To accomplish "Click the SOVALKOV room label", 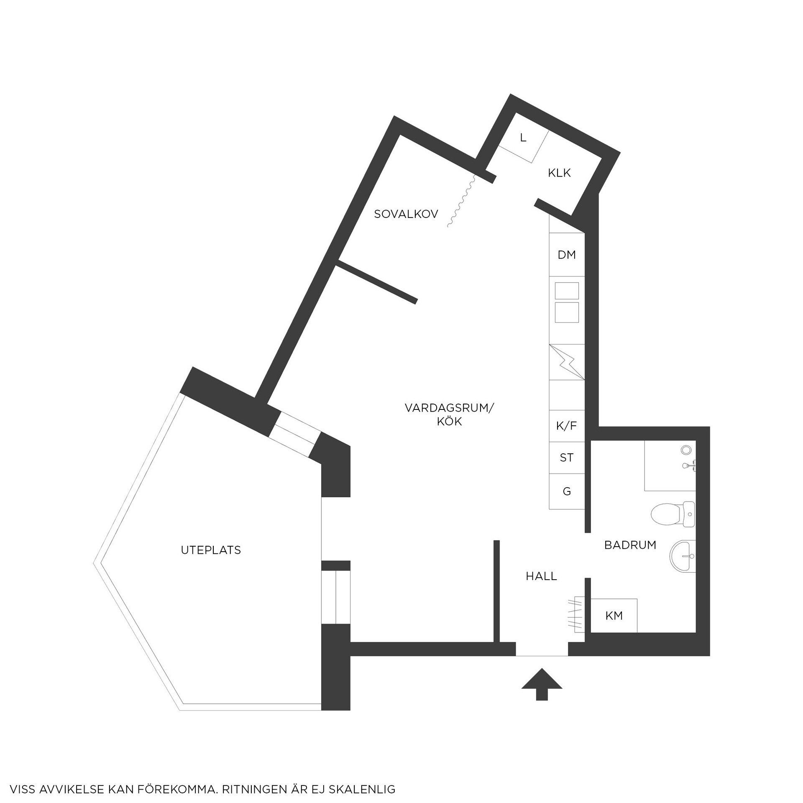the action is pos(406,214).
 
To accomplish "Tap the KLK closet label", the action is pos(559,173).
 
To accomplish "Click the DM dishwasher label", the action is pos(567,255).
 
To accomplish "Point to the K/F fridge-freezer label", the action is pos(567,426).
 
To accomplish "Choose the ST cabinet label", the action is pos(567,458).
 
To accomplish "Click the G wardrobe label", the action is pos(567,491).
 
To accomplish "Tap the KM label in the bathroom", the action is pos(614,615).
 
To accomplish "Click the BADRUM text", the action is pos(630,545).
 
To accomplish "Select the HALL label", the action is pos(541,576).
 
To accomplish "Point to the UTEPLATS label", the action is pos(211,550).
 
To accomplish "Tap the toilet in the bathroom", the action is pos(673,514).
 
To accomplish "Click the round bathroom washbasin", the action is pos(683,556).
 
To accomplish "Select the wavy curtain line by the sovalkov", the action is pos(461,201).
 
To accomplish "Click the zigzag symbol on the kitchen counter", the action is pos(567,362).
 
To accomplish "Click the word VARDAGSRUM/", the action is pos(449,408).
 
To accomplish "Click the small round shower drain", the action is pos(686,450).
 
